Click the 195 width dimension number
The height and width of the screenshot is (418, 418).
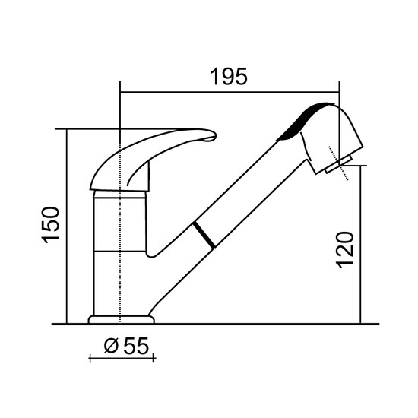pyautogui.click(x=229, y=77)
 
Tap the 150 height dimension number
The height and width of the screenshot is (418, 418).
pyautogui.click(x=51, y=225)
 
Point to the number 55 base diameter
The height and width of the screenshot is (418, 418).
pyautogui.click(x=136, y=347)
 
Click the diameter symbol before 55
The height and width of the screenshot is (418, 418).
pyautogui.click(x=111, y=347)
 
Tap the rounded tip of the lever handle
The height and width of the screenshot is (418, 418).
pyautogui.click(x=214, y=135)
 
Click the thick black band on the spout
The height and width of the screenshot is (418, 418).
pyautogui.click(x=204, y=235)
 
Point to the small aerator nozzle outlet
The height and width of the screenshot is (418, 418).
pyautogui.click(x=338, y=164)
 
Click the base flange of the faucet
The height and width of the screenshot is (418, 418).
pyautogui.click(x=122, y=320)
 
